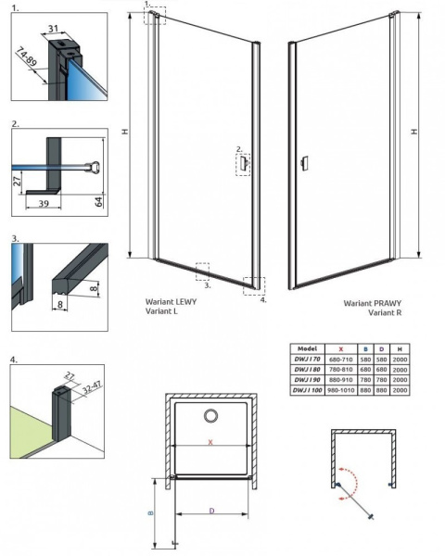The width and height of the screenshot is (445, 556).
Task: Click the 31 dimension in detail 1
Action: pos(55,28)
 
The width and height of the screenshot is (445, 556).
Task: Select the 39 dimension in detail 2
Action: pos(43,201)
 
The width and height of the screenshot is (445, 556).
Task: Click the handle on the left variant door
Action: pos(243,164)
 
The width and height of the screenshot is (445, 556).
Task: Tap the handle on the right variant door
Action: pos(302,165)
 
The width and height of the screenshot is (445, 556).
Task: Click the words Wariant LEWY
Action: pos(170,302)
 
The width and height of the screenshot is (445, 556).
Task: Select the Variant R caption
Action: pos(384,313)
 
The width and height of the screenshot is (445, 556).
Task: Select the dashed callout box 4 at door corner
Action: pos(250,284)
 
